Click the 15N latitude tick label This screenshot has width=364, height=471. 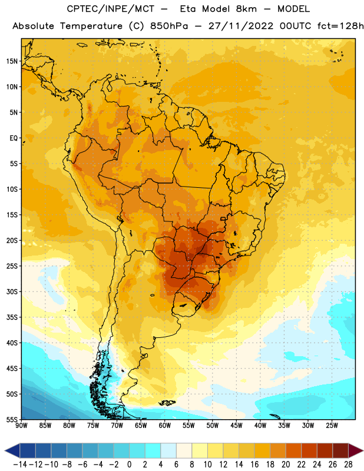[x=12, y=61]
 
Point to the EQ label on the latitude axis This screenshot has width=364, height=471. [x=14, y=138]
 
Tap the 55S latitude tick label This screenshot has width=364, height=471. [x=12, y=419]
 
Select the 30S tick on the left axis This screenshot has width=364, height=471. [x=12, y=291]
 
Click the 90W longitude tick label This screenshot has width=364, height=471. [x=21, y=425]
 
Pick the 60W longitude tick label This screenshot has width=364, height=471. [x=165, y=425]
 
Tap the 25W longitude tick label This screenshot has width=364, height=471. [x=332, y=425]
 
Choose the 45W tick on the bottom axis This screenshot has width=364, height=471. [x=237, y=425]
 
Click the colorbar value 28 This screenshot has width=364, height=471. [x=348, y=465]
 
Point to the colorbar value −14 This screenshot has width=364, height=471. [x=21, y=465]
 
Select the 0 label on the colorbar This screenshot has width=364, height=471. [x=129, y=465]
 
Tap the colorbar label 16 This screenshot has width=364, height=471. [x=254, y=465]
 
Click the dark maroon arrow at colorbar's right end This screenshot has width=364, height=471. [x=355, y=450]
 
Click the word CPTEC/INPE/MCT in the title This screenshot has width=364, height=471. [x=110, y=9]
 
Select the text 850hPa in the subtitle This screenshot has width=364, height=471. [x=169, y=26]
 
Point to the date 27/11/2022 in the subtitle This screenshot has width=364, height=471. [x=241, y=26]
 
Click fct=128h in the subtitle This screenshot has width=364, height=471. [x=340, y=26]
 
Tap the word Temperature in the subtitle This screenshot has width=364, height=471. [x=91, y=26]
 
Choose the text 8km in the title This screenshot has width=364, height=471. [x=246, y=9]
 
